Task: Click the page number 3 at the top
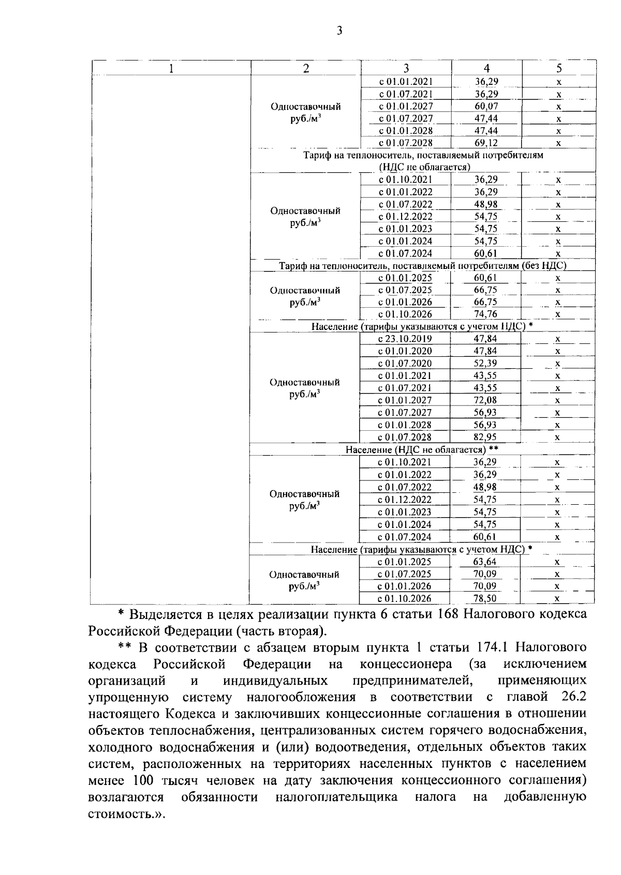(339, 31)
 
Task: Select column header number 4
(486, 68)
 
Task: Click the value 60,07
(486, 107)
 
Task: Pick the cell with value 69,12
(486, 143)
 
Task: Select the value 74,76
(485, 314)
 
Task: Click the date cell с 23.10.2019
(405, 339)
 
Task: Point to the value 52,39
(485, 363)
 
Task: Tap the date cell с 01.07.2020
(405, 363)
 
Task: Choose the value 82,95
(485, 437)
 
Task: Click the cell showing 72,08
(485, 400)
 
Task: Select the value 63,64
(484, 562)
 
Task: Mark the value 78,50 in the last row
(484, 598)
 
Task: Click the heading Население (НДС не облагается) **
(422, 449)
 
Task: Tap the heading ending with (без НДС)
(423, 266)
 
